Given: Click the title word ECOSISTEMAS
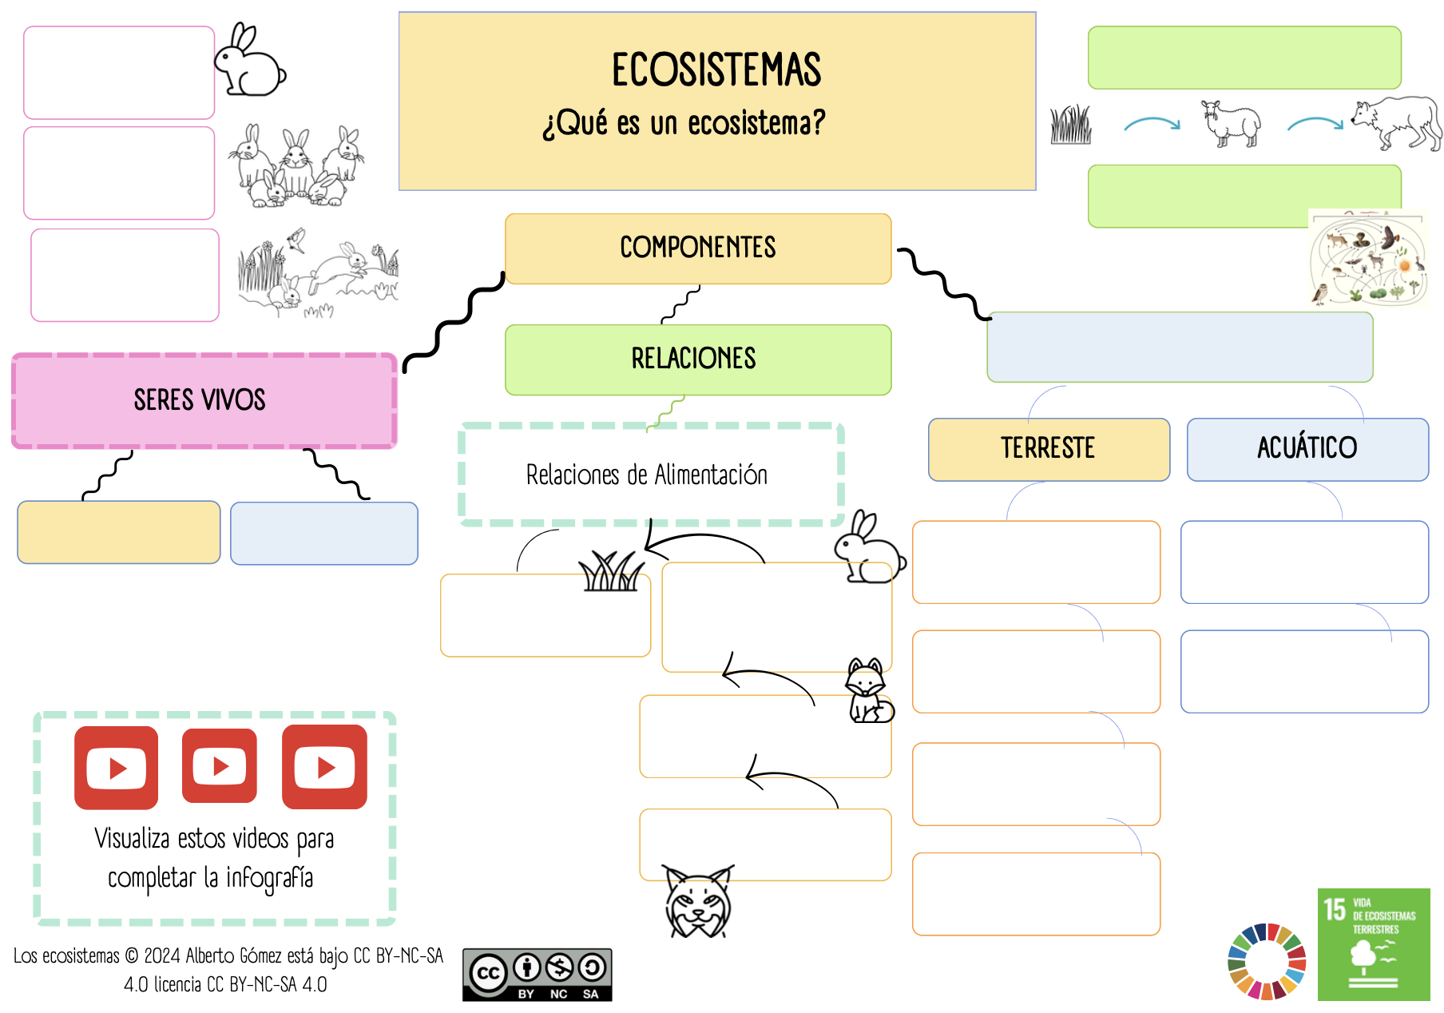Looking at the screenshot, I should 716,70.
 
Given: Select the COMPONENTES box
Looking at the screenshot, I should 697,248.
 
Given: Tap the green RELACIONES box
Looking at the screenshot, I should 697,360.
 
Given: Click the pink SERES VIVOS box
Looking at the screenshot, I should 204,400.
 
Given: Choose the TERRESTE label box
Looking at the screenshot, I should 1049,449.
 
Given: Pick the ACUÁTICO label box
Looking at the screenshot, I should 1307,449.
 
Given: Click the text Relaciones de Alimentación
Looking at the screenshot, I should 647,475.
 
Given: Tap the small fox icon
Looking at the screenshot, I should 868,692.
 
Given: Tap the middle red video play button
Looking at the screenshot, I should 220,767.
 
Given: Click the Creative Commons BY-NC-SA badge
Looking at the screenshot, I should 537,975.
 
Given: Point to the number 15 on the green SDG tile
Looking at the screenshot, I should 1335,910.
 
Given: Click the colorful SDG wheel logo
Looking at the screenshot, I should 1267,962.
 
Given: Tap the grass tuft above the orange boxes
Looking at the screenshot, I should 611,572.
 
